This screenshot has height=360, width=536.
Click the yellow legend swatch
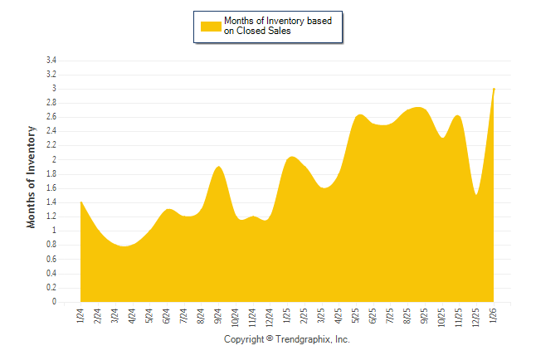tap(210, 26)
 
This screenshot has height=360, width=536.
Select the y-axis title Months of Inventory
tap(32, 177)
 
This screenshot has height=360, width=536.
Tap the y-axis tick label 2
tap(54, 160)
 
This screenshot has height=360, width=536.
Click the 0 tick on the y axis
tap(54, 303)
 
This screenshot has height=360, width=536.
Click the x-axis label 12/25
tap(476, 318)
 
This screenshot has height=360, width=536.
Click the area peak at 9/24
tap(218, 167)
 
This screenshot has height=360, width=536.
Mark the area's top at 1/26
tap(495, 89)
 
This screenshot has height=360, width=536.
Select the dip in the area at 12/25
tap(476, 194)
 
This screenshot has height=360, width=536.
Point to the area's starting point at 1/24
tap(80, 202)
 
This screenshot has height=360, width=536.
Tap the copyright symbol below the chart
tap(269, 340)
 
